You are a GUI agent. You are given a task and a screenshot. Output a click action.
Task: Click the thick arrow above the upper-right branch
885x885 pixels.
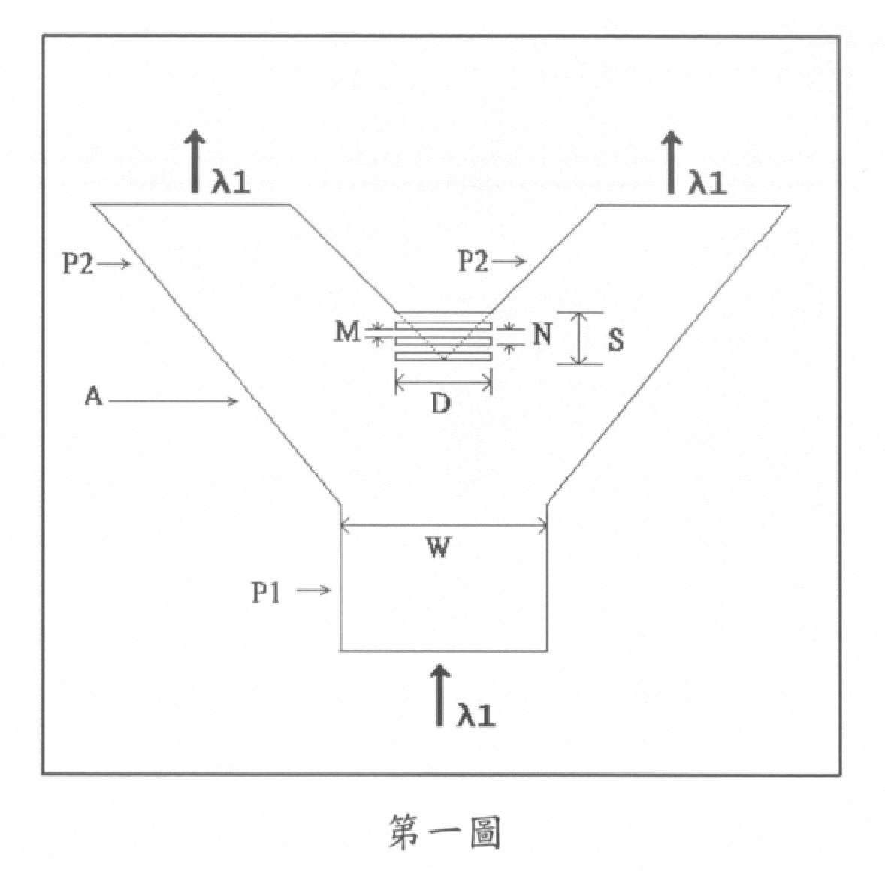pos(672,162)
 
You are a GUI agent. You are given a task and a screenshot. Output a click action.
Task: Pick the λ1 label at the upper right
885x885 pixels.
pos(707,183)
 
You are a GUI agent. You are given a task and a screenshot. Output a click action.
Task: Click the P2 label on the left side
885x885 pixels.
pos(77,263)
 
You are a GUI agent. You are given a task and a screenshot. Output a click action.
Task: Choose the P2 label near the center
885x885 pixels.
pos(473,261)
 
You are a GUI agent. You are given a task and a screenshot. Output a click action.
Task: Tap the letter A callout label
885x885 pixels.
pos(93,396)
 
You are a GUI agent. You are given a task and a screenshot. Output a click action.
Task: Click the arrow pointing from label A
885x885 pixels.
pos(174,401)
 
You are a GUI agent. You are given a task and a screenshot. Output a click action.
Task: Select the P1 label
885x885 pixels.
pos(266,593)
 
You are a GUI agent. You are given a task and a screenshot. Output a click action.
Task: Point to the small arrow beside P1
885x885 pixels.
pos(314,591)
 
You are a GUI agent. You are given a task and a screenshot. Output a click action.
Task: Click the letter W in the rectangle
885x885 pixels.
pos(439,548)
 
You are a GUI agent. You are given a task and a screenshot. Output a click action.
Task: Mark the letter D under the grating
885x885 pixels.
pos(441,403)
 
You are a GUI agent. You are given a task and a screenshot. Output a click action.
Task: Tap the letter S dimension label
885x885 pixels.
pos(616,340)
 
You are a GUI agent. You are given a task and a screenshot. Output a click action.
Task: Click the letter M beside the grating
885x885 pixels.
pos(346,331)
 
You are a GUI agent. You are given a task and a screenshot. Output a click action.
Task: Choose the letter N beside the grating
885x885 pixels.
pos(542,334)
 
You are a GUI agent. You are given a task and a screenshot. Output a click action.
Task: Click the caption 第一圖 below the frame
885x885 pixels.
pos(444,832)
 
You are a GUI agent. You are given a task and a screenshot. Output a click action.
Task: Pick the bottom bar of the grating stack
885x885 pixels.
pos(444,357)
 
